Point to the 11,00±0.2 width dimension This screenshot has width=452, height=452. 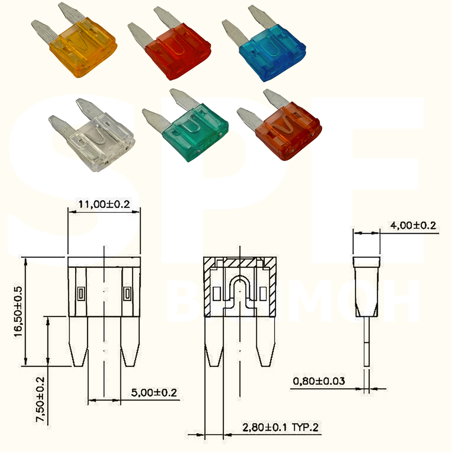coord(104,204)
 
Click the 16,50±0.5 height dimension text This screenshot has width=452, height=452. coord(18,312)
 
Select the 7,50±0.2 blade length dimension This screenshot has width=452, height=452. coord(40,399)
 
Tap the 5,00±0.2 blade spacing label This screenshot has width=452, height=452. coord(154,393)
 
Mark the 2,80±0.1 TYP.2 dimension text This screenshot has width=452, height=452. coord(280,427)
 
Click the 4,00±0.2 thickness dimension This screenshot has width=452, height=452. coord(413,225)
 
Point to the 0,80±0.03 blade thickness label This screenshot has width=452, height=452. coord(319,381)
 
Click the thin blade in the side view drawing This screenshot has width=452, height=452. coord(366,341)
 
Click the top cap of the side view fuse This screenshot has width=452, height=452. coord(366,262)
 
